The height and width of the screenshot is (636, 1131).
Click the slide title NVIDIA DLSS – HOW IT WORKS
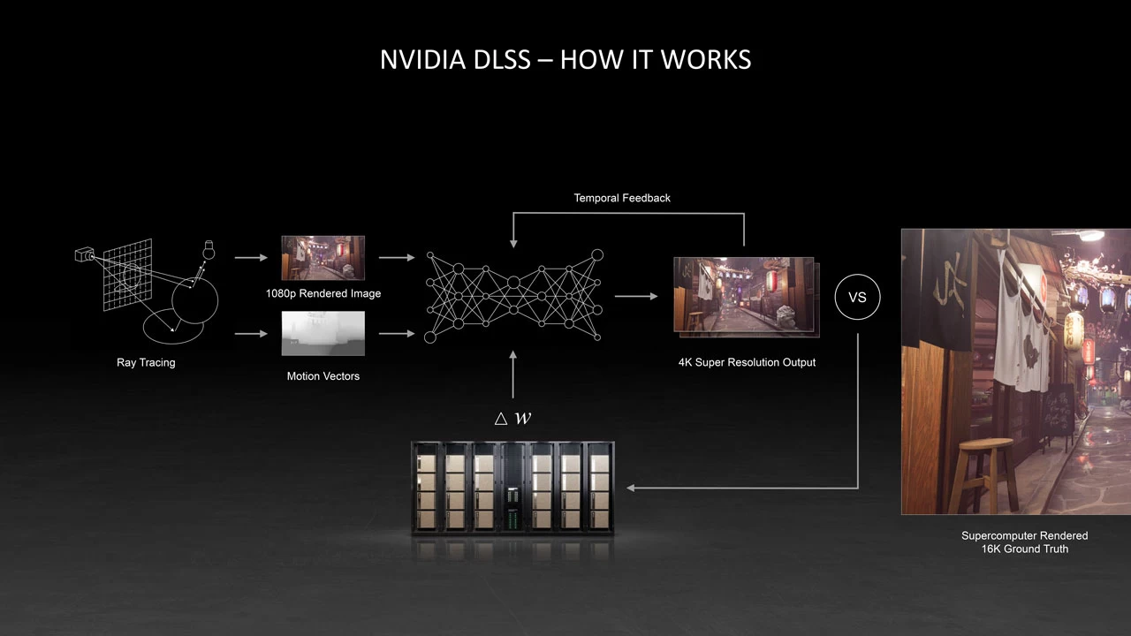point(565,59)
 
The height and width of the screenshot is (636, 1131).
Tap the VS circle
point(857,297)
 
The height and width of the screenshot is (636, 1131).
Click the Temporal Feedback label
point(622,198)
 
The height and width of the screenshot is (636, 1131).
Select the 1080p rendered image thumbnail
point(323,258)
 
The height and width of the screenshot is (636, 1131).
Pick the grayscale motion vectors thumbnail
point(323,333)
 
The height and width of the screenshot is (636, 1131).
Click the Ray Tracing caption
point(146,362)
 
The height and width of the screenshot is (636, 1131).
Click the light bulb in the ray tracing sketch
point(209,248)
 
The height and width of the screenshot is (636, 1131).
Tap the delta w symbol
point(513,418)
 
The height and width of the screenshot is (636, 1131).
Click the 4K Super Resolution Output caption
point(747,362)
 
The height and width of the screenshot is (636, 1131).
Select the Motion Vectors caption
point(323,376)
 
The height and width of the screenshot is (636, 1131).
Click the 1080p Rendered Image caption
point(323,293)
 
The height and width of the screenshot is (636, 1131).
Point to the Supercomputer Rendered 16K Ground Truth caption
point(1024,542)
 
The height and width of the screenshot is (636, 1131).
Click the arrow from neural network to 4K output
point(636,297)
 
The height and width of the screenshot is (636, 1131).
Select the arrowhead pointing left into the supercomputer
point(630,487)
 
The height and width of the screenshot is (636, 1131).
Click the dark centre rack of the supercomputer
point(512,488)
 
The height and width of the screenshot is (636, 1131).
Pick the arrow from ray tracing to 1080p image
point(251,258)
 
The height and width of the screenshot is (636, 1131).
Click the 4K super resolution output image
point(744,295)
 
